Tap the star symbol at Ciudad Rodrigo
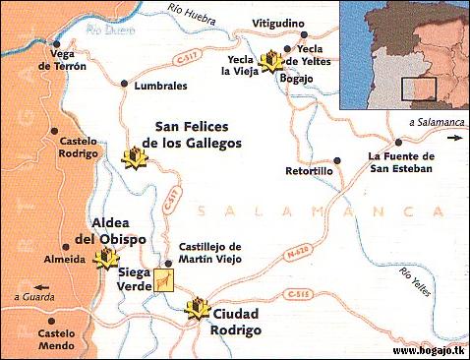(x=199, y=309)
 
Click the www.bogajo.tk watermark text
(x=428, y=350)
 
